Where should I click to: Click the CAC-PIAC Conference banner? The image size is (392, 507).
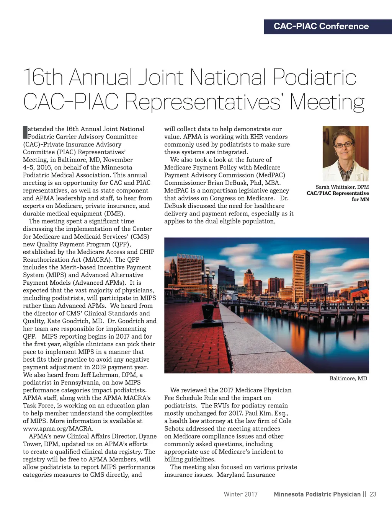321,26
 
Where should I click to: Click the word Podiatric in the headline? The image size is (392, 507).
314,77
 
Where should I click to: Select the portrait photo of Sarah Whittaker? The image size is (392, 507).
345,153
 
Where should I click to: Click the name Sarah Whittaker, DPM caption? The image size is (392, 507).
342,187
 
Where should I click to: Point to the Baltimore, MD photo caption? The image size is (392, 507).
348,378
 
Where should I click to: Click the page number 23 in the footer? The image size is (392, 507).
373,494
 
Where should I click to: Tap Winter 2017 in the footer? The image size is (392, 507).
240,494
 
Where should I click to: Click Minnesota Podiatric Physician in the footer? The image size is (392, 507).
317,494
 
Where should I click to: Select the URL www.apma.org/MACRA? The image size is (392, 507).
58,429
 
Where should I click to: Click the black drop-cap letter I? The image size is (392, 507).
25,132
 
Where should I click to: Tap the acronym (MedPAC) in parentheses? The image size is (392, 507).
271,175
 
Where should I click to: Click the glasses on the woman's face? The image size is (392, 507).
344,145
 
